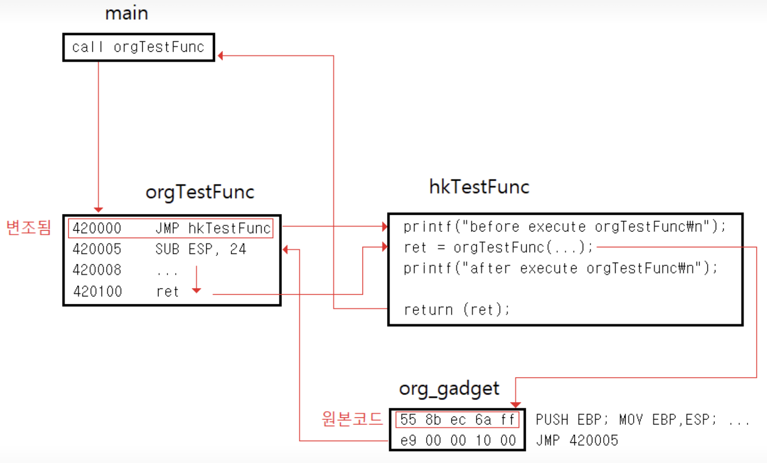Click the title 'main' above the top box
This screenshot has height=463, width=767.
[127, 14]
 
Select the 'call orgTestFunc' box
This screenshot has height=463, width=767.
[139, 47]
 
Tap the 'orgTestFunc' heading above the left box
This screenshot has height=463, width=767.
[200, 192]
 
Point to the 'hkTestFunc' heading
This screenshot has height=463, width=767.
[479, 187]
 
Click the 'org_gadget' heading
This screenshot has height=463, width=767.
[449, 389]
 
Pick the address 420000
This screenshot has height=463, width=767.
[97, 228]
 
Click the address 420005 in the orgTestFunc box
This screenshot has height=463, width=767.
[97, 249]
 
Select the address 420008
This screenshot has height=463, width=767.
[97, 270]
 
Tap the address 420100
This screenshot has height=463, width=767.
[97, 291]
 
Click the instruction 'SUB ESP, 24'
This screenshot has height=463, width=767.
[201, 249]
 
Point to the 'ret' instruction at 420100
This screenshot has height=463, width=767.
[168, 292]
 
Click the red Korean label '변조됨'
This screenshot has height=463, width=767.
[28, 228]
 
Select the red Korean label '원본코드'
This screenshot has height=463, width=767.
[352, 419]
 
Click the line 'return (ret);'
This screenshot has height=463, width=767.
[457, 310]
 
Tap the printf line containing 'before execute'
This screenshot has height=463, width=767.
[565, 227]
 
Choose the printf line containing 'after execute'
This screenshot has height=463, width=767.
[561, 268]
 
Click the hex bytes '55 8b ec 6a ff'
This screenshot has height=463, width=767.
[457, 420]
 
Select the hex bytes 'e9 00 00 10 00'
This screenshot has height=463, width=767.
[458, 440]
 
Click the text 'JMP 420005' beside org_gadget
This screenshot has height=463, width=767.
[577, 440]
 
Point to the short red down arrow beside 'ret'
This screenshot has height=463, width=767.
[197, 279]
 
